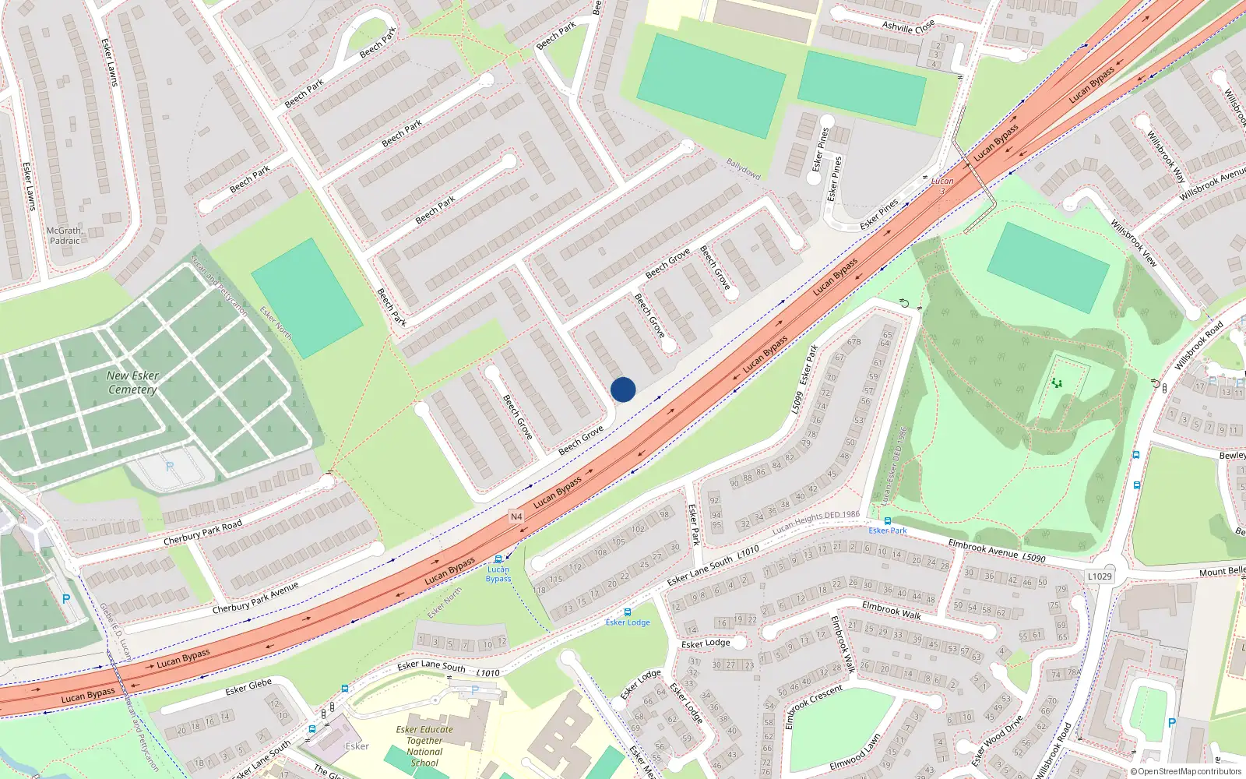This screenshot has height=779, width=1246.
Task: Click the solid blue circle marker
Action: pyautogui.click(x=623, y=389)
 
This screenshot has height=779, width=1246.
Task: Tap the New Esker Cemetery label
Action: pyautogui.click(x=132, y=382)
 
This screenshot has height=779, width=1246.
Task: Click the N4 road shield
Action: pyautogui.click(x=516, y=516)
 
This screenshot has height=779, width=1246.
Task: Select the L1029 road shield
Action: pyautogui.click(x=1100, y=576)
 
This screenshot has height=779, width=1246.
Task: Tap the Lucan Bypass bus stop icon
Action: pyautogui.click(x=498, y=559)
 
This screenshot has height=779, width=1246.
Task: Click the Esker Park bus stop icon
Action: pyautogui.click(x=887, y=520)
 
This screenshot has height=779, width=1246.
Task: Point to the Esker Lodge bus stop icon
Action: pyautogui.click(x=628, y=612)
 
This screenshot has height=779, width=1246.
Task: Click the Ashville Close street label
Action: pyautogui.click(x=908, y=26)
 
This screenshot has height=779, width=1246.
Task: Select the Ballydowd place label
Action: pyautogui.click(x=743, y=169)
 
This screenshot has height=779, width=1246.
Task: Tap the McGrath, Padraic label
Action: pyautogui.click(x=65, y=235)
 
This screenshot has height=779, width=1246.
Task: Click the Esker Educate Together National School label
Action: pyautogui.click(x=424, y=746)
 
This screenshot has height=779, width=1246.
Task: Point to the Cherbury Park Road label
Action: pyautogui.click(x=202, y=532)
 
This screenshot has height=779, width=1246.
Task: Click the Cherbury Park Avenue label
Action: pyautogui.click(x=255, y=597)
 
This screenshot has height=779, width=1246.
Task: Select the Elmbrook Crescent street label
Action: pyautogui.click(x=813, y=707)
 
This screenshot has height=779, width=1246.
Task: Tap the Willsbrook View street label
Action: pyautogui.click(x=1134, y=243)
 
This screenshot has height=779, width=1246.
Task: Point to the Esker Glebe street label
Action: pyautogui.click(x=248, y=686)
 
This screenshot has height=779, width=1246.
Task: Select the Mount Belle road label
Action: pyautogui.click(x=1222, y=572)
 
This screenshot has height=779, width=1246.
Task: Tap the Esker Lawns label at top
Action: pyautogui.click(x=110, y=62)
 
